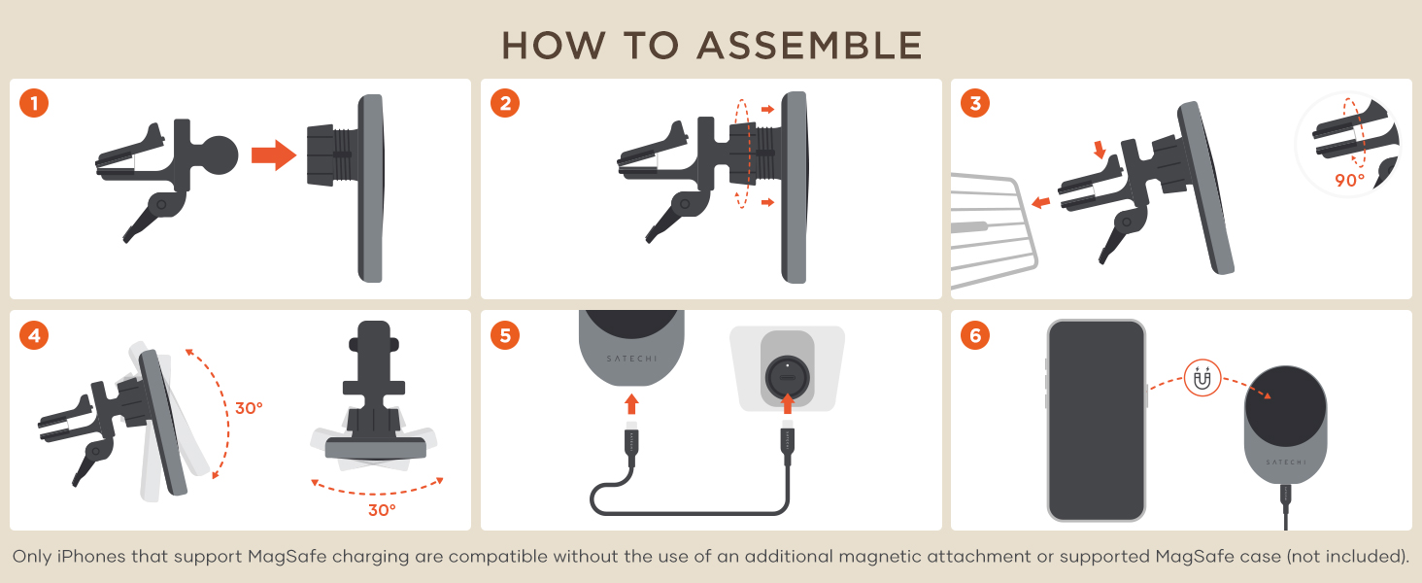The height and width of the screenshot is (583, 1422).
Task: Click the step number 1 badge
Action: (x=34, y=103)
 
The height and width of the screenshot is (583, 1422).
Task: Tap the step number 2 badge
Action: (x=505, y=103)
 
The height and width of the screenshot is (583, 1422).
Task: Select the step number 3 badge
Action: (x=976, y=103)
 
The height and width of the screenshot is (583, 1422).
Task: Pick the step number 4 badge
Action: (x=34, y=335)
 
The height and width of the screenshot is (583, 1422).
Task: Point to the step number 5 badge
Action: (x=505, y=335)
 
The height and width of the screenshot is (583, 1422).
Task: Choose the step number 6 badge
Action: (x=976, y=335)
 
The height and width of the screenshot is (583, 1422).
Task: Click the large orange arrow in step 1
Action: (x=274, y=154)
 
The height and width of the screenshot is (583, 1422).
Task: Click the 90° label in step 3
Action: (x=1349, y=181)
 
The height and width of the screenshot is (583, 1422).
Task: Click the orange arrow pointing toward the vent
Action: (x=1041, y=202)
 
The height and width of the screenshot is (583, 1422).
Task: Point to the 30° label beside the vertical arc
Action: (x=249, y=408)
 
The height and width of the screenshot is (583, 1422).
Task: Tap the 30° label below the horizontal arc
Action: (x=382, y=510)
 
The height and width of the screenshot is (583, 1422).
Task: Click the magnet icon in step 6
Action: (x=1202, y=379)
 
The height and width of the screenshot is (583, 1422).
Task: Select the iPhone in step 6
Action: (x=1097, y=421)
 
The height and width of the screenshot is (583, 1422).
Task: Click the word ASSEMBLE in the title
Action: (x=810, y=46)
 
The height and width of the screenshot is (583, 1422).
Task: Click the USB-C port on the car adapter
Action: (x=788, y=378)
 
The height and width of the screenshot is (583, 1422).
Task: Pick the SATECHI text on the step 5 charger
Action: (x=631, y=359)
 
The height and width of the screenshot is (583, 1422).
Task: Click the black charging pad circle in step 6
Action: (x=1285, y=407)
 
